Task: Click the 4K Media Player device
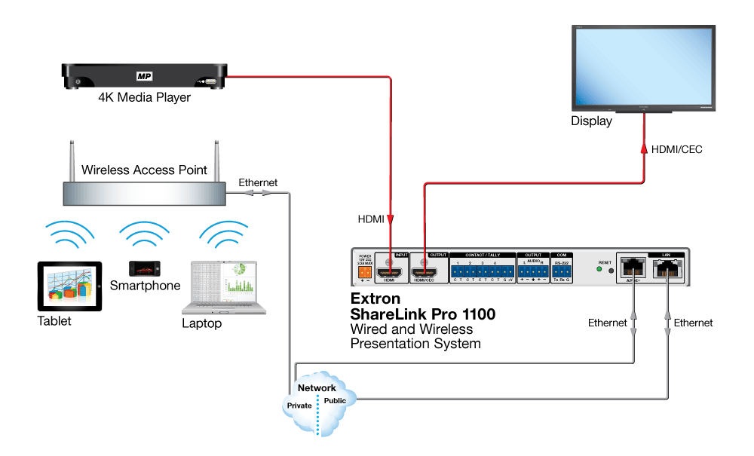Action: [144, 77]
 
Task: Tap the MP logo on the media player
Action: [144, 76]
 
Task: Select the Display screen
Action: [640, 68]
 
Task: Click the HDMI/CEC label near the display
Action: [676, 149]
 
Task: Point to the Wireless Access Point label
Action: [144, 170]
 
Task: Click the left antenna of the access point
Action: [71, 160]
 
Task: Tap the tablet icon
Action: [69, 286]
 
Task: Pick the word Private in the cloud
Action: [299, 405]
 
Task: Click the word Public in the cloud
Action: [335, 401]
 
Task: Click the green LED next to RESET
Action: [599, 270]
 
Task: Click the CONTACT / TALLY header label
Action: [483, 255]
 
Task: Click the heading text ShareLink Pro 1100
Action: [423, 314]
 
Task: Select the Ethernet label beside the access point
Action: [258, 182]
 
